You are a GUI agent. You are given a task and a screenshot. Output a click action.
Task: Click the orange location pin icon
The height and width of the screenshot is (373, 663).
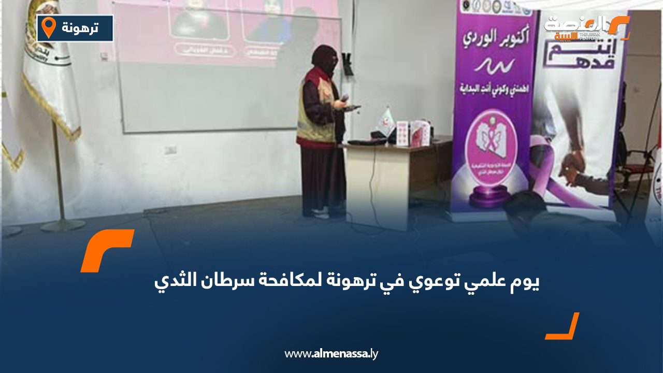pyautogui.click(x=48, y=27)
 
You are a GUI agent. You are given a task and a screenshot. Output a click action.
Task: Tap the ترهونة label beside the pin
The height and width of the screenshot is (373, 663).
pyautogui.click(x=80, y=27)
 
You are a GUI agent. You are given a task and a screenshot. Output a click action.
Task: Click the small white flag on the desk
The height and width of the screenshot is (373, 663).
pyautogui.click(x=386, y=118)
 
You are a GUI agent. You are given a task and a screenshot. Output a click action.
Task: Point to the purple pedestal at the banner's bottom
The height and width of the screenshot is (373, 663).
pyautogui.click(x=490, y=197)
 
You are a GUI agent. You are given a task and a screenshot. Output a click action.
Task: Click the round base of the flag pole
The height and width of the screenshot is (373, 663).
pyautogui.click(x=63, y=225)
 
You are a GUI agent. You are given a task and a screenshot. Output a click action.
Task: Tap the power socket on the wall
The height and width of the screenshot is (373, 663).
pyautogui.click(x=170, y=149)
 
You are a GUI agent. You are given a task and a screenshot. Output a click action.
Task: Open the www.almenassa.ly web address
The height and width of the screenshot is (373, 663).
pyautogui.click(x=331, y=354)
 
